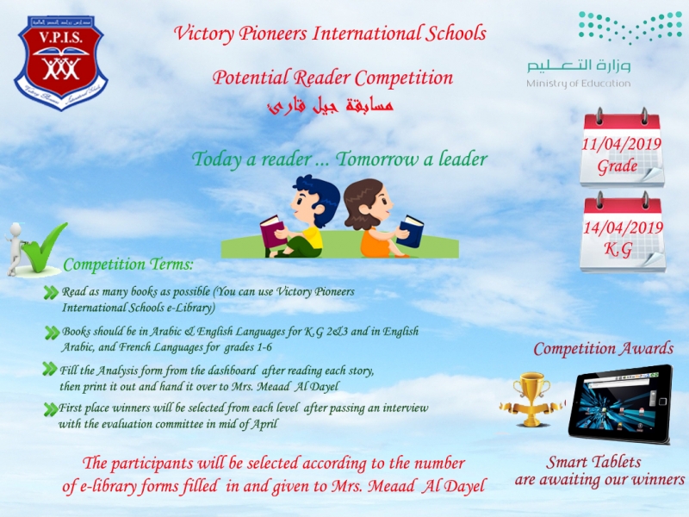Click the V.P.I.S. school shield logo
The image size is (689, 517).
(60, 62)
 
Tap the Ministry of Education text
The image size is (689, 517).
(578, 83)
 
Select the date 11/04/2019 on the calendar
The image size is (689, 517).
(621, 144)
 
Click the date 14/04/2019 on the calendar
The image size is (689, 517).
(623, 227)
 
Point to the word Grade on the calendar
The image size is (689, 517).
(617, 166)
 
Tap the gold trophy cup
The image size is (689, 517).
(531, 399)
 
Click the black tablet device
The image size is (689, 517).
(620, 403)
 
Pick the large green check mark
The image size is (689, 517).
(43, 246)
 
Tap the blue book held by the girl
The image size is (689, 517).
(410, 231)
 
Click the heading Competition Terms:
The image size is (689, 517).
(127, 265)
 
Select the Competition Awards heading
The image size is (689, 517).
(604, 349)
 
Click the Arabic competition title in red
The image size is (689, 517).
(331, 106)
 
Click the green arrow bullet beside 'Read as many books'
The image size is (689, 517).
(51, 293)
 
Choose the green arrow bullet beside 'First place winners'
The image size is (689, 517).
(51, 409)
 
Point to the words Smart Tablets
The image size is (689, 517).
(593, 462)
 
